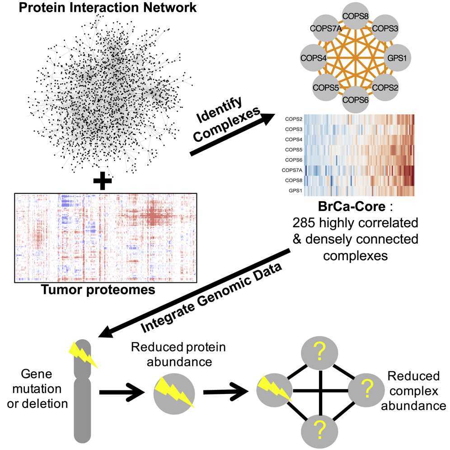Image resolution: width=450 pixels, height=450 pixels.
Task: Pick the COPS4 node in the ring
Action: tap(314, 58)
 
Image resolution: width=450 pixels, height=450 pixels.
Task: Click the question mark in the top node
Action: tap(319, 351)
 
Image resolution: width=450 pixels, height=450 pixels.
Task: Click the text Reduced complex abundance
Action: tap(413, 391)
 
